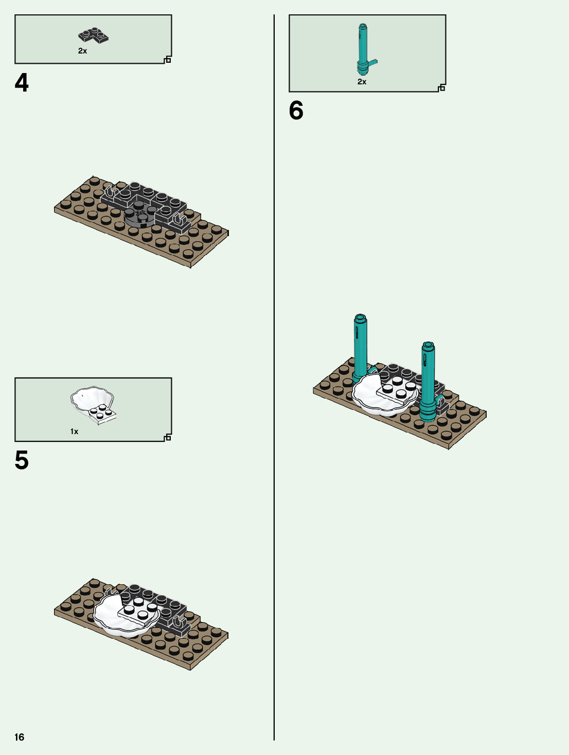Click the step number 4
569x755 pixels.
[x=21, y=83]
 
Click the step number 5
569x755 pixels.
[x=21, y=460]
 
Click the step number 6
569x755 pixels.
[x=296, y=111]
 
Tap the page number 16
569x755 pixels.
[x=19, y=737]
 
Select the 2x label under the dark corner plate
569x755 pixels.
[x=82, y=51]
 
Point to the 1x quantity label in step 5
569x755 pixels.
[x=74, y=432]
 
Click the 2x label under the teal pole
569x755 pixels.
[x=362, y=82]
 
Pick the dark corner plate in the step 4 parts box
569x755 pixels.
[x=93, y=35]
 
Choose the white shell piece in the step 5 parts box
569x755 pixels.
[x=93, y=405]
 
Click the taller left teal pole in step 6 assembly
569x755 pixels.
[x=360, y=347]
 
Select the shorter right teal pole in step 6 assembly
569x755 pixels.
[x=428, y=381]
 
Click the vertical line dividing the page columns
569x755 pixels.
[x=274, y=377]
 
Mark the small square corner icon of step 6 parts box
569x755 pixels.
[x=442, y=88]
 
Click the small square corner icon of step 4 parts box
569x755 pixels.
[x=168, y=60]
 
